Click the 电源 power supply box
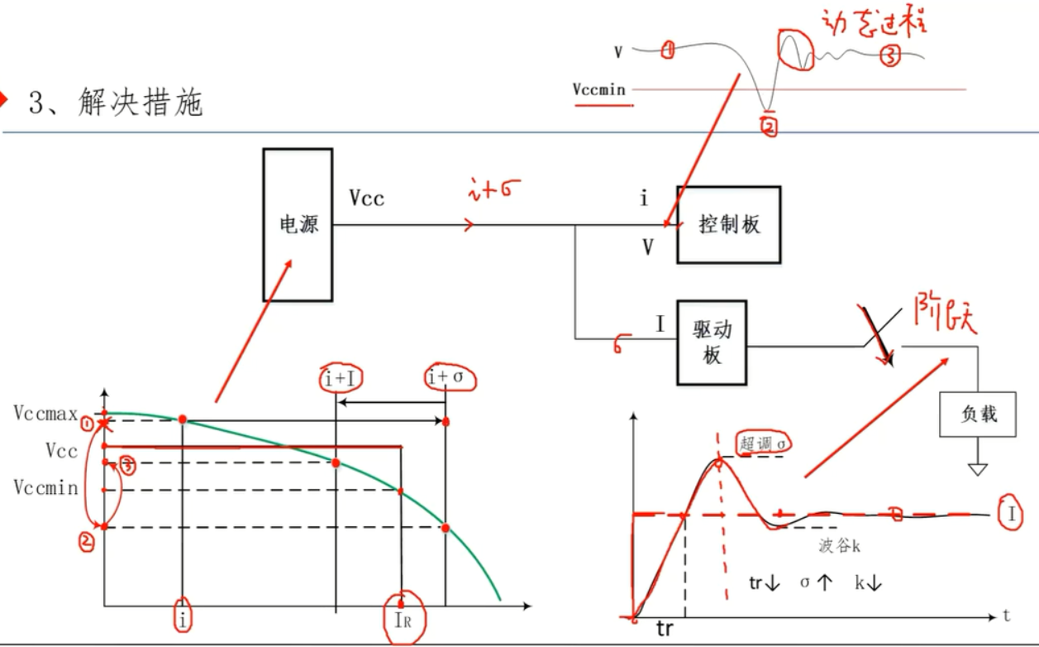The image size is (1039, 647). (298, 224)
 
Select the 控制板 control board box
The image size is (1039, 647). (729, 224)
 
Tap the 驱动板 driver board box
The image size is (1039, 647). (712, 343)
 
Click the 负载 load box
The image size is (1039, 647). (979, 413)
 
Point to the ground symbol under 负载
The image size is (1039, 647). (979, 469)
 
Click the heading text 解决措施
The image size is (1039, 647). (141, 103)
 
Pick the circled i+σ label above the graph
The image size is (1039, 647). (450, 378)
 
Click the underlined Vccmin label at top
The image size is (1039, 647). (599, 89)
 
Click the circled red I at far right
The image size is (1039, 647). (1010, 514)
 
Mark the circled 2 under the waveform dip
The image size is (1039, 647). (769, 127)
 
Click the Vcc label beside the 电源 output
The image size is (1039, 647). (366, 199)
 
